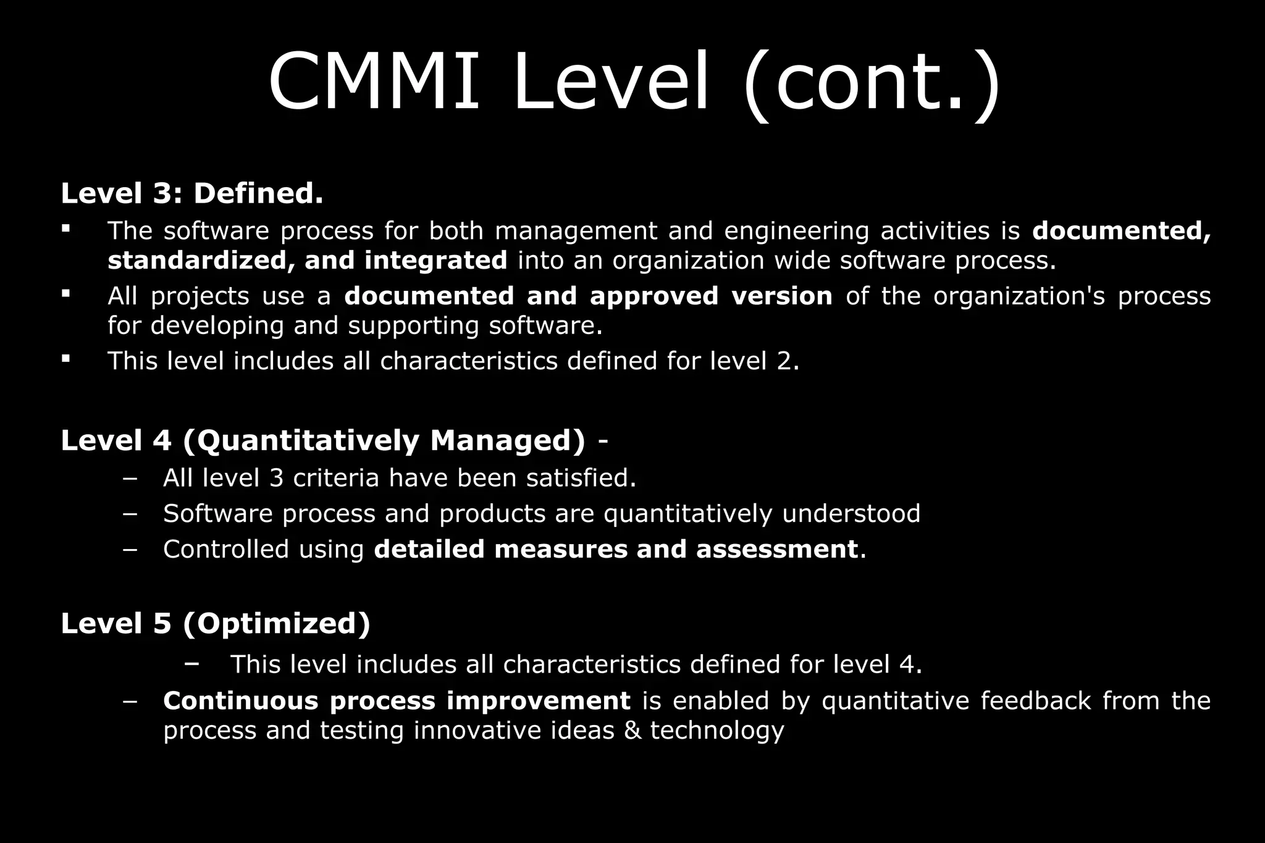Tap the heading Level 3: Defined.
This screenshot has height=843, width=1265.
pos(192,193)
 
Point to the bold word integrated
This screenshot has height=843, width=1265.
pos(435,261)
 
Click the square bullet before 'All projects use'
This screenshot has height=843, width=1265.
pos(65,293)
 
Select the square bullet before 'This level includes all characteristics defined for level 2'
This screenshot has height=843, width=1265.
pos(65,358)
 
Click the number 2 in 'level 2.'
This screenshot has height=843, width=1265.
pos(784,361)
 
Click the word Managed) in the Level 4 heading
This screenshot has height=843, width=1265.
pos(507,441)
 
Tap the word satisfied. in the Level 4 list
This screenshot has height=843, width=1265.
pos(581,479)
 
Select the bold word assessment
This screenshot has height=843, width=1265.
pos(777,550)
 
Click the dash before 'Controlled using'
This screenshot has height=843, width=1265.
pos(130,550)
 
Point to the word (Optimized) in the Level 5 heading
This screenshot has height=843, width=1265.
pos(277,624)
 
